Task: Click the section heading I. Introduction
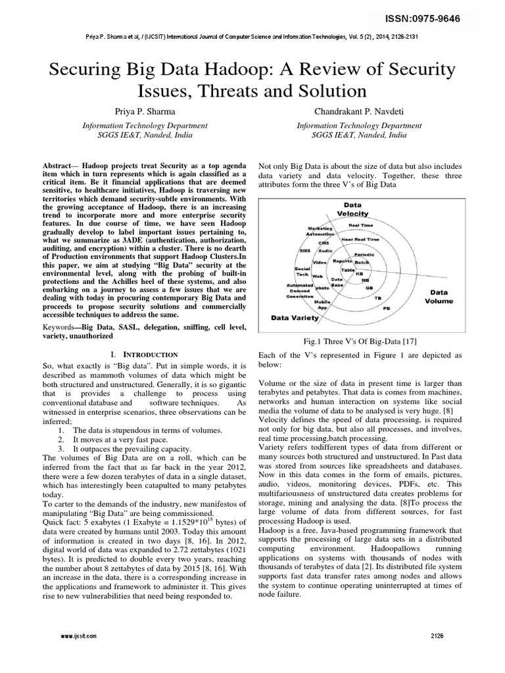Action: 141,354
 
